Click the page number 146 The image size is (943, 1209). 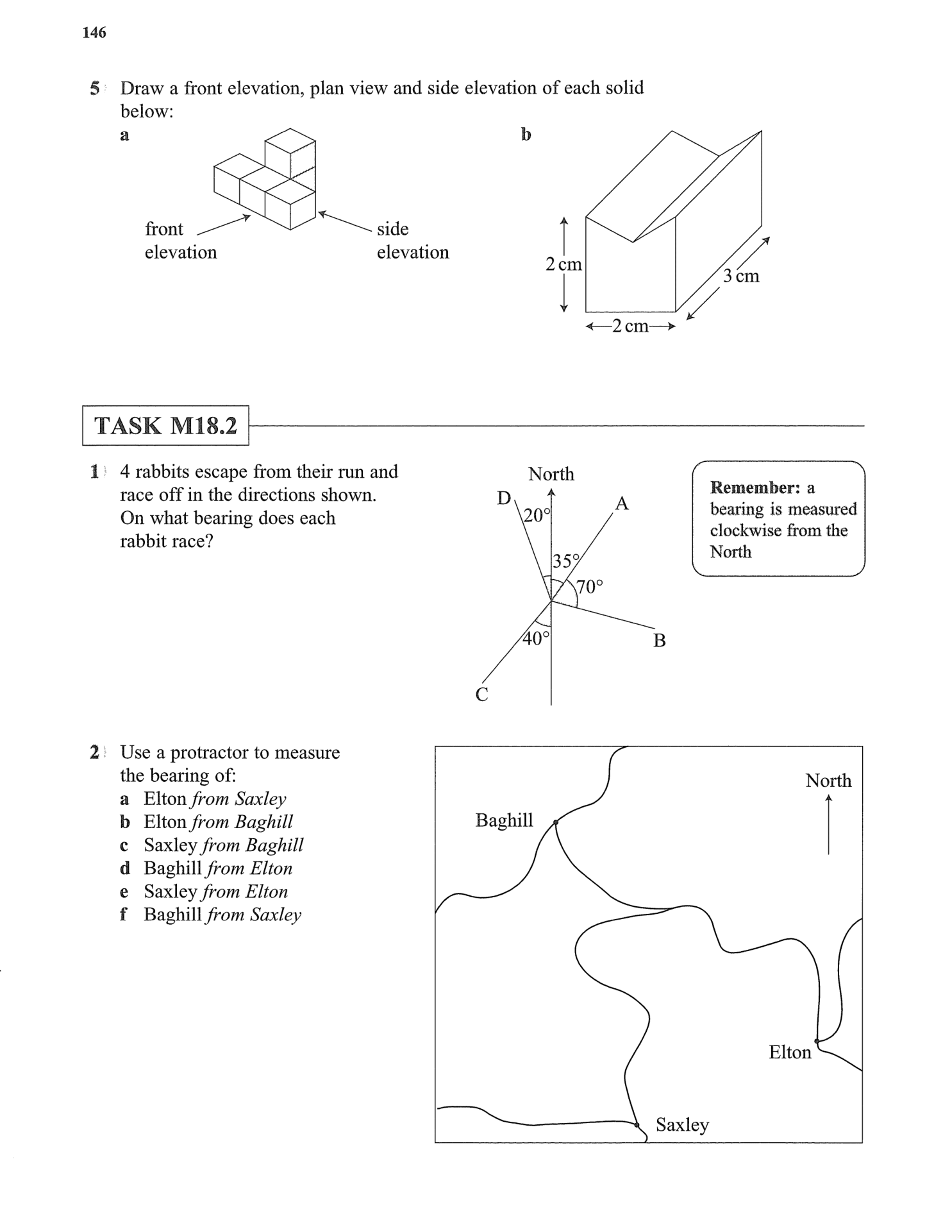tap(94, 33)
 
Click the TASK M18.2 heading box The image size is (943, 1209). tap(165, 426)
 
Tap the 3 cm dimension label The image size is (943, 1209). tap(741, 276)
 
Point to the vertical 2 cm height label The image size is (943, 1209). tap(563, 264)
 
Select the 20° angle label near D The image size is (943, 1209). tap(537, 515)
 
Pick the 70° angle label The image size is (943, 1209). tap(589, 586)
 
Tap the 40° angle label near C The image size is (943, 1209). tap(536, 638)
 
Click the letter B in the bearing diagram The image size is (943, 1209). tap(659, 640)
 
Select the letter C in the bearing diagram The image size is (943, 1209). tap(482, 694)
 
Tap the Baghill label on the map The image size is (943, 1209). tap(504, 820)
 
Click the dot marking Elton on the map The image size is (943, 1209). tap(817, 1041)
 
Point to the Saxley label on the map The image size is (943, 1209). tap(682, 1124)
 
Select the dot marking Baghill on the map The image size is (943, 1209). tap(556, 822)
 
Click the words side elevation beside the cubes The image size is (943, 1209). tap(412, 241)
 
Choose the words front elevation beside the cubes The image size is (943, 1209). tap(180, 241)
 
